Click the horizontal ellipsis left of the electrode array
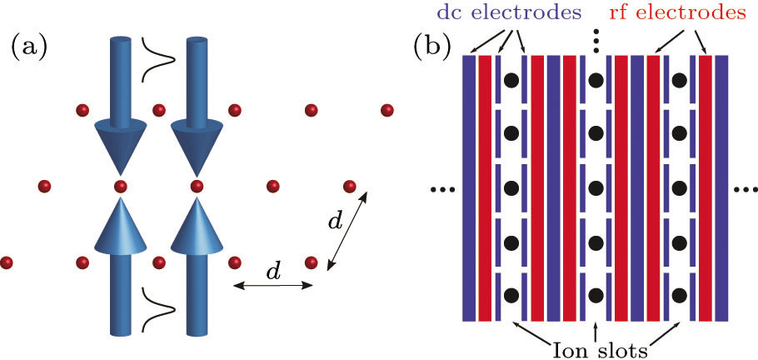(x=441, y=190)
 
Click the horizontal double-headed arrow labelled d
(x=272, y=287)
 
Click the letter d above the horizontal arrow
(x=270, y=272)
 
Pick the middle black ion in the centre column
(x=596, y=187)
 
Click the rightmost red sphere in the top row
(x=386, y=110)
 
